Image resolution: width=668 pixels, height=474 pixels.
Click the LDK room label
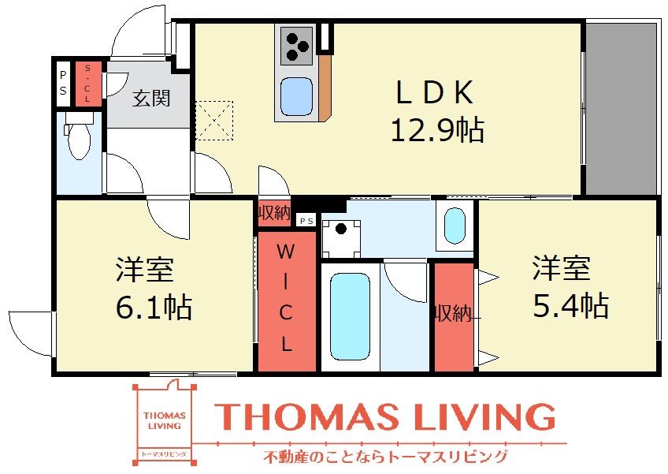click(x=433, y=94)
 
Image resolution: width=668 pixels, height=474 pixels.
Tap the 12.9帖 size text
click(x=437, y=129)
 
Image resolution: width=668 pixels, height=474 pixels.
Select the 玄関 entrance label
click(x=150, y=99)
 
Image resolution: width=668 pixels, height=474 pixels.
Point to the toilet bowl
click(x=79, y=142)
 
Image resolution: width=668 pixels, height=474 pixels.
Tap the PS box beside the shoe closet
click(x=62, y=84)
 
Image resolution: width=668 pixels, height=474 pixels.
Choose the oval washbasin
click(x=455, y=226)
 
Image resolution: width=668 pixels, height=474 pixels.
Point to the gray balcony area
click(x=622, y=108)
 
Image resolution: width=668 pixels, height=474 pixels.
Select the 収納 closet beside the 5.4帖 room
click(x=454, y=315)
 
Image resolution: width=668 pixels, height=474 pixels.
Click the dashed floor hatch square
click(x=214, y=120)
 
